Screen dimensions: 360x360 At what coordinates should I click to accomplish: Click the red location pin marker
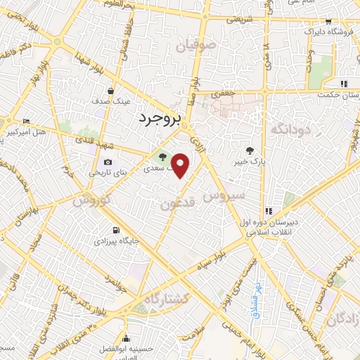click(181, 165)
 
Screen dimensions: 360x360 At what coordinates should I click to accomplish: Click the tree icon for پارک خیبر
click(250, 149)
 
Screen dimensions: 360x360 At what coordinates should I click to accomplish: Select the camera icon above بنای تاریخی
click(108, 162)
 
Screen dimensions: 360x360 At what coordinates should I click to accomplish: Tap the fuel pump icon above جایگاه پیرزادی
click(115, 230)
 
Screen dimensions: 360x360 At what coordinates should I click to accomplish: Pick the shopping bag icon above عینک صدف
click(111, 91)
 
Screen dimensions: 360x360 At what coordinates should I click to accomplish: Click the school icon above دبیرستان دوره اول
click(268, 211)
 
